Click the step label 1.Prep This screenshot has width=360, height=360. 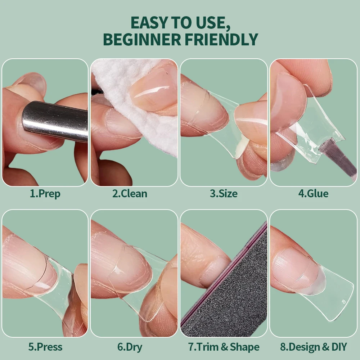click(x=45, y=194)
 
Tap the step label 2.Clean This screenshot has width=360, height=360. click(x=130, y=194)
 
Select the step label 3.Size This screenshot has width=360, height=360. click(x=224, y=194)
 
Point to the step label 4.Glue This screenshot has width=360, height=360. click(x=314, y=194)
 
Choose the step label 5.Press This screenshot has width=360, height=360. click(x=45, y=347)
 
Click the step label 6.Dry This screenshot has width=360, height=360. click(x=130, y=347)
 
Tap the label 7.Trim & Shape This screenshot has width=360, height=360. click(x=224, y=347)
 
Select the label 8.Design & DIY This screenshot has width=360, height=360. click(x=314, y=347)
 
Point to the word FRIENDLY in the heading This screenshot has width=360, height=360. click(x=221, y=39)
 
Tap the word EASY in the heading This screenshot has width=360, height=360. click(x=149, y=22)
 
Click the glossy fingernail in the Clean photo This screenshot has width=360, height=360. click(x=153, y=91)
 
